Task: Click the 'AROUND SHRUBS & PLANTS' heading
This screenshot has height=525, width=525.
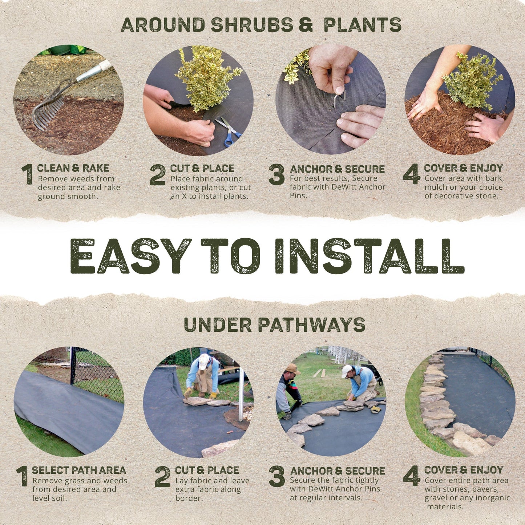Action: [x=261, y=25]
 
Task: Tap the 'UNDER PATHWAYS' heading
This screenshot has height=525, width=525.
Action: [x=274, y=325]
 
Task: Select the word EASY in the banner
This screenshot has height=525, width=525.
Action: [x=130, y=256]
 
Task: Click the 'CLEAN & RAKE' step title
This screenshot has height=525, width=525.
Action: [x=73, y=168]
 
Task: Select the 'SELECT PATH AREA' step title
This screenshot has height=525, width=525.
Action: [x=79, y=470]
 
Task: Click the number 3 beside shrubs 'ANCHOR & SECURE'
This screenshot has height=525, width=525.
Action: [x=276, y=174]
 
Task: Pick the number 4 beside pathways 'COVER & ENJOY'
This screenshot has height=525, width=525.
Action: [x=411, y=476]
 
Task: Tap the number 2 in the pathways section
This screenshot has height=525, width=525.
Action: [x=162, y=477]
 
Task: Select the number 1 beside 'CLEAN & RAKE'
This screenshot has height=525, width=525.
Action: [x=28, y=174]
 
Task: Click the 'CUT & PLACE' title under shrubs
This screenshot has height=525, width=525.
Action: [x=202, y=169]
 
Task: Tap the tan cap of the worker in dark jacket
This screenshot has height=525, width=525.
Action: [x=292, y=369]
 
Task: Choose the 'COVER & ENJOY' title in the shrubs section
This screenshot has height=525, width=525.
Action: [x=463, y=168]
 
